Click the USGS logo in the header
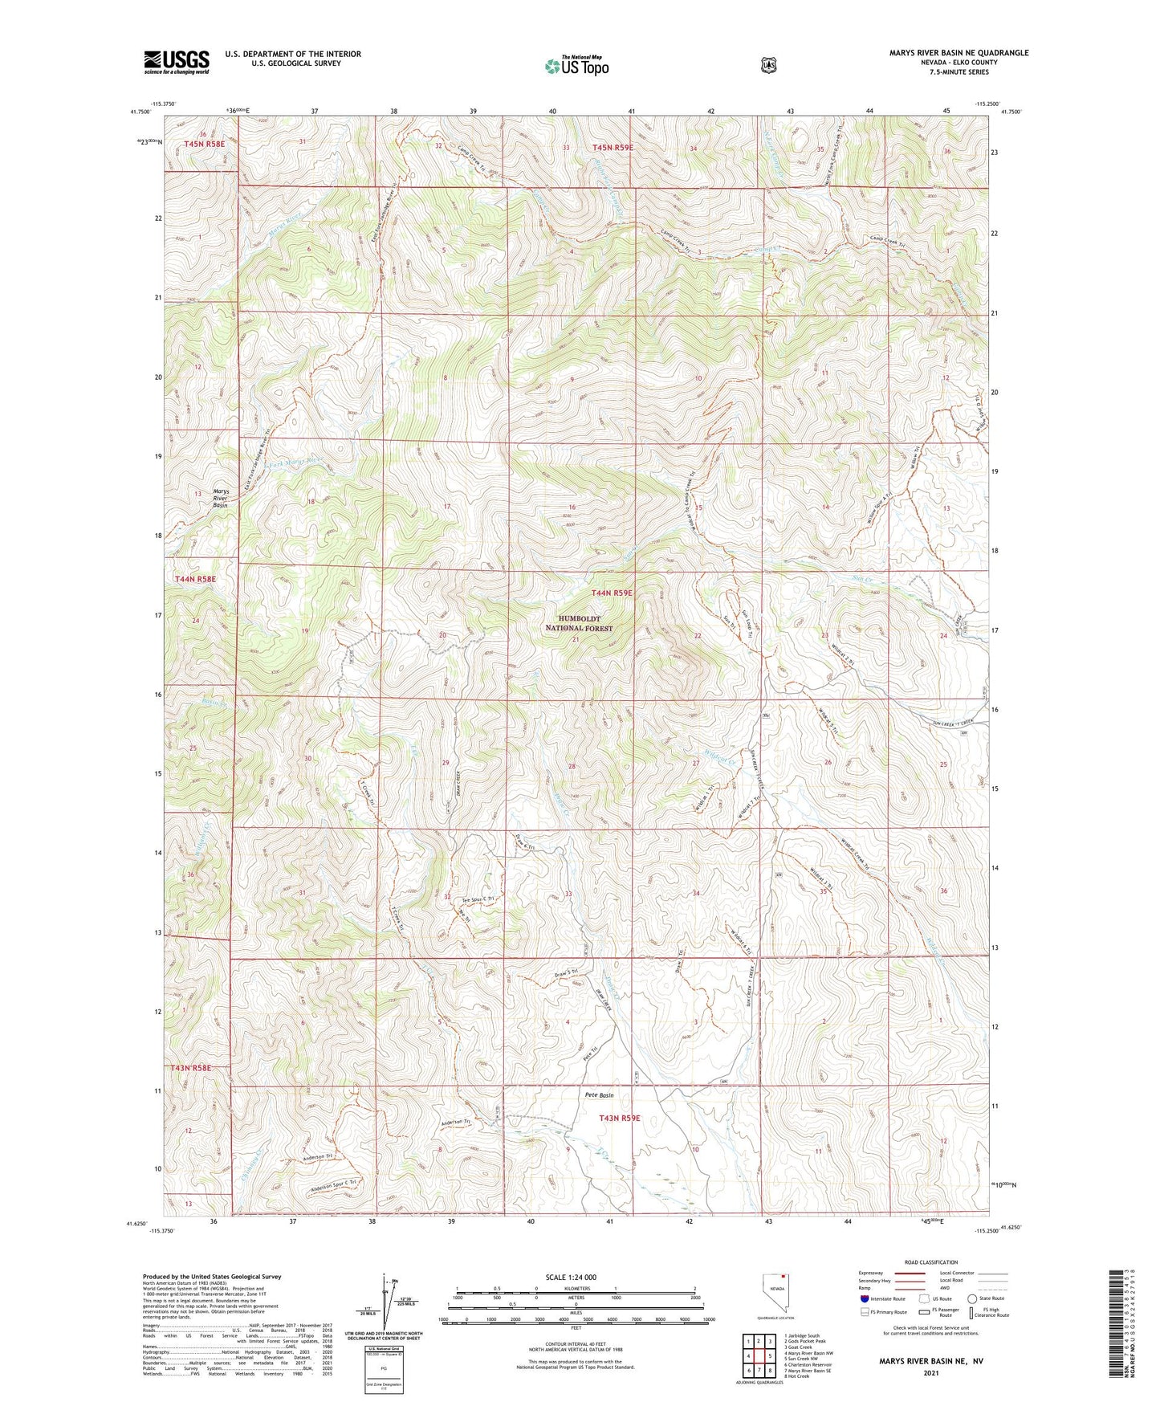pyautogui.click(x=177, y=62)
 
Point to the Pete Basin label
pyautogui.click(x=599, y=1095)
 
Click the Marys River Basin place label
pyautogui.click(x=220, y=498)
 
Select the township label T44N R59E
pyautogui.click(x=612, y=593)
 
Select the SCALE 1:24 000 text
pyautogui.click(x=570, y=1277)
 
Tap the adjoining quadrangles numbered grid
pyautogui.click(x=758, y=1356)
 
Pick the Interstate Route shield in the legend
pyautogui.click(x=864, y=1298)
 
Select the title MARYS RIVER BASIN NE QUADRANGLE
pyautogui.click(x=959, y=53)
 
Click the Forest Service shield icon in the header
pyautogui.click(x=768, y=65)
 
